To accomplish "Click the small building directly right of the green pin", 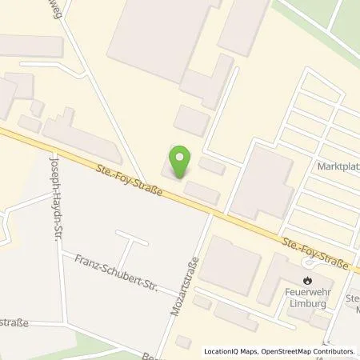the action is (x=212, y=166).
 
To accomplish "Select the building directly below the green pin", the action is (x=202, y=192).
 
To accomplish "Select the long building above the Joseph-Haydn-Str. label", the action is (x=81, y=138).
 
